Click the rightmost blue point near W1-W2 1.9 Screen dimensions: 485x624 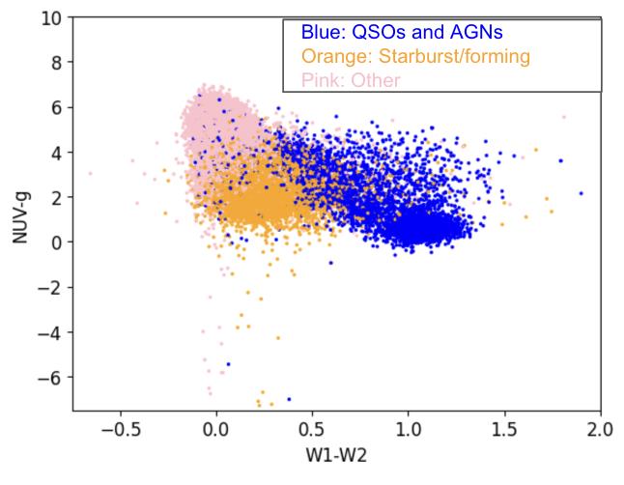(x=581, y=193)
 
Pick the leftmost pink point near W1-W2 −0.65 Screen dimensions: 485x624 (x=91, y=174)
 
